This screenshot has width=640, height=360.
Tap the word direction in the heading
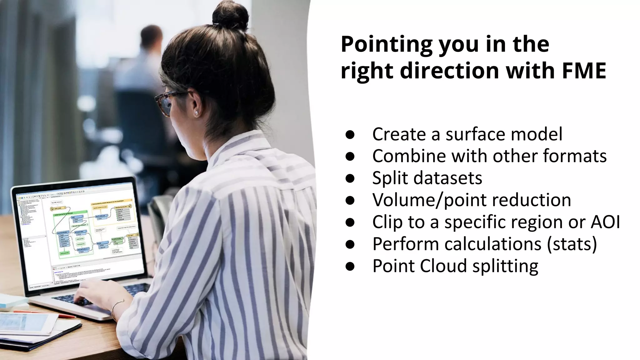click(x=450, y=71)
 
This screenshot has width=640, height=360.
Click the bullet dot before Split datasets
click(x=350, y=178)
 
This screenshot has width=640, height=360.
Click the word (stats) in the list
click(x=572, y=244)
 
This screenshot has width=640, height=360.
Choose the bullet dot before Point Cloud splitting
click(x=350, y=266)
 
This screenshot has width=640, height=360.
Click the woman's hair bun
click(x=230, y=16)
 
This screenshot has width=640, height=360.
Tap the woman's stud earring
click(x=197, y=113)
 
